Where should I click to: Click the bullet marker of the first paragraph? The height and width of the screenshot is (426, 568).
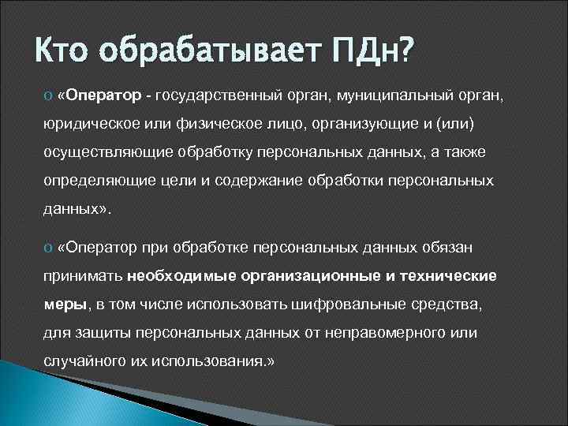tap(47, 96)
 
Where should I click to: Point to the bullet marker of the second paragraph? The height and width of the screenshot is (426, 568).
tap(47, 248)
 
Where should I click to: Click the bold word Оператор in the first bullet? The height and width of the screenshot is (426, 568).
tap(103, 95)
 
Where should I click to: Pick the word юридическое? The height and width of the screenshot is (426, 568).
tap(88, 125)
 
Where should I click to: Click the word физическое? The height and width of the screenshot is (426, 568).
tap(211, 125)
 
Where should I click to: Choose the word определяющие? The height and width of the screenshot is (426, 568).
tap(92, 181)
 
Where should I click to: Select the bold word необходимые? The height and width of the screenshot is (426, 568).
tap(177, 276)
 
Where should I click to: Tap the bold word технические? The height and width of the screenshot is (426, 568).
tap(449, 276)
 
